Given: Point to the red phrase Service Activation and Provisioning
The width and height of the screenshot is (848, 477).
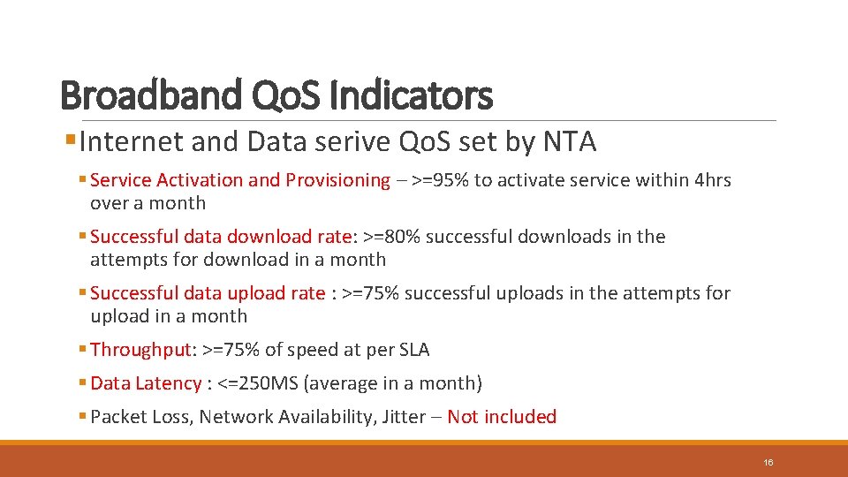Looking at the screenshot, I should click(x=239, y=180).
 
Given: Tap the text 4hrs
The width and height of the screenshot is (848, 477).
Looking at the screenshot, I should click(x=713, y=180).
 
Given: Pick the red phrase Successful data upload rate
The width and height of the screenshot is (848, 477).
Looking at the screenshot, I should click(x=208, y=293).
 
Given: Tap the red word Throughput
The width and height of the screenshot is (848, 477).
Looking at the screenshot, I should click(x=140, y=350).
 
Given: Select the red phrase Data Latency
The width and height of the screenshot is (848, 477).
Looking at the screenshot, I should click(x=146, y=383).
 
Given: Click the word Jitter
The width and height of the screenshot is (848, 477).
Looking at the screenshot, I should click(x=404, y=417).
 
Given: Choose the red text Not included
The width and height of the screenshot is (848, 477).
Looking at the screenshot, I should click(x=502, y=417).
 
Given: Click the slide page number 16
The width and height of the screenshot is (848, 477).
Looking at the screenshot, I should click(x=768, y=463).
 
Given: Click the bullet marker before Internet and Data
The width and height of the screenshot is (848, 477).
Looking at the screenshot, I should click(x=71, y=141).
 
